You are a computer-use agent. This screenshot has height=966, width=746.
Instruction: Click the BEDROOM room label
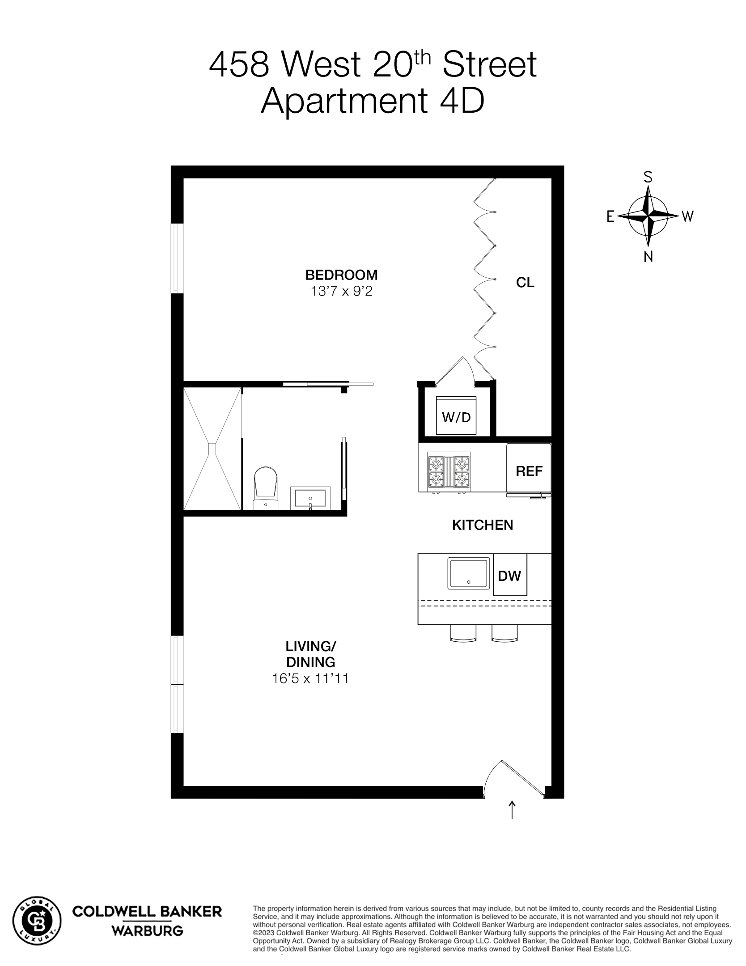coord(341,274)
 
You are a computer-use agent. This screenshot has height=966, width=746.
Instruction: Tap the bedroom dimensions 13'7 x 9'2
coord(341,292)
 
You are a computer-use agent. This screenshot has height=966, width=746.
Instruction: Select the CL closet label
coord(525,283)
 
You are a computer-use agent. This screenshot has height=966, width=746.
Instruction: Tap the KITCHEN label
coord(483,525)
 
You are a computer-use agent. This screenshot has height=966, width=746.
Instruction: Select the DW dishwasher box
coord(510,575)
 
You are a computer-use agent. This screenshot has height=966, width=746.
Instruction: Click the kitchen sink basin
coord(468,574)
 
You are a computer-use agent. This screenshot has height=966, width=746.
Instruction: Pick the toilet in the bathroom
coord(266,486)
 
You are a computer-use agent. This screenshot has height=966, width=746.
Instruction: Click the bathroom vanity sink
coord(310,498)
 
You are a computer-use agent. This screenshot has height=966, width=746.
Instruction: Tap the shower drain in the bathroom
coord(212,449)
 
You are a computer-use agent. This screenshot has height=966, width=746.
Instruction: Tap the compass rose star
coord(648,216)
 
